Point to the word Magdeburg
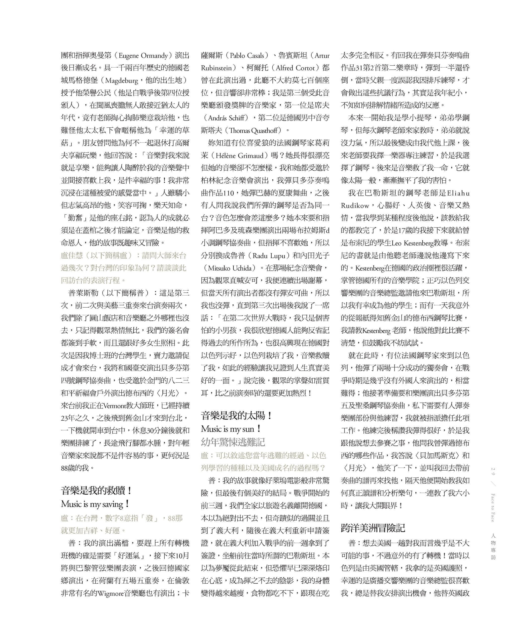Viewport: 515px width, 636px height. pos(122,81)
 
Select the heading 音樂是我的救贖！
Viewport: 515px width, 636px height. pos(97,491)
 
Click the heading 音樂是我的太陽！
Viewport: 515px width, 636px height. pos(236,416)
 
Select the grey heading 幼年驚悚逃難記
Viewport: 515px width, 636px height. pos(233,442)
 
